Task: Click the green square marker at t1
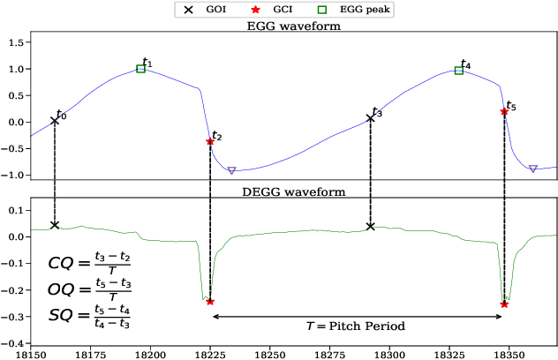[x=141, y=68]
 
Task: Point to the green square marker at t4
[x=459, y=71]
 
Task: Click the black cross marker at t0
[x=55, y=120]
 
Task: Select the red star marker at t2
[x=210, y=141]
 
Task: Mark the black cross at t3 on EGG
[x=371, y=118]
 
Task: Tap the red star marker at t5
[x=504, y=112]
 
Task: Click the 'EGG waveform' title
[x=293, y=26]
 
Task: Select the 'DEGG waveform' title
[x=293, y=191]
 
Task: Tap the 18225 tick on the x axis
[x=210, y=353]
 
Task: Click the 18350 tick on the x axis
[x=504, y=353]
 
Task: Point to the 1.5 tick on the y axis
[x=15, y=42]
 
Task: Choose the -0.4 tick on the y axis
[x=12, y=343]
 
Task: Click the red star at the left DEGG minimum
[x=210, y=301]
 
